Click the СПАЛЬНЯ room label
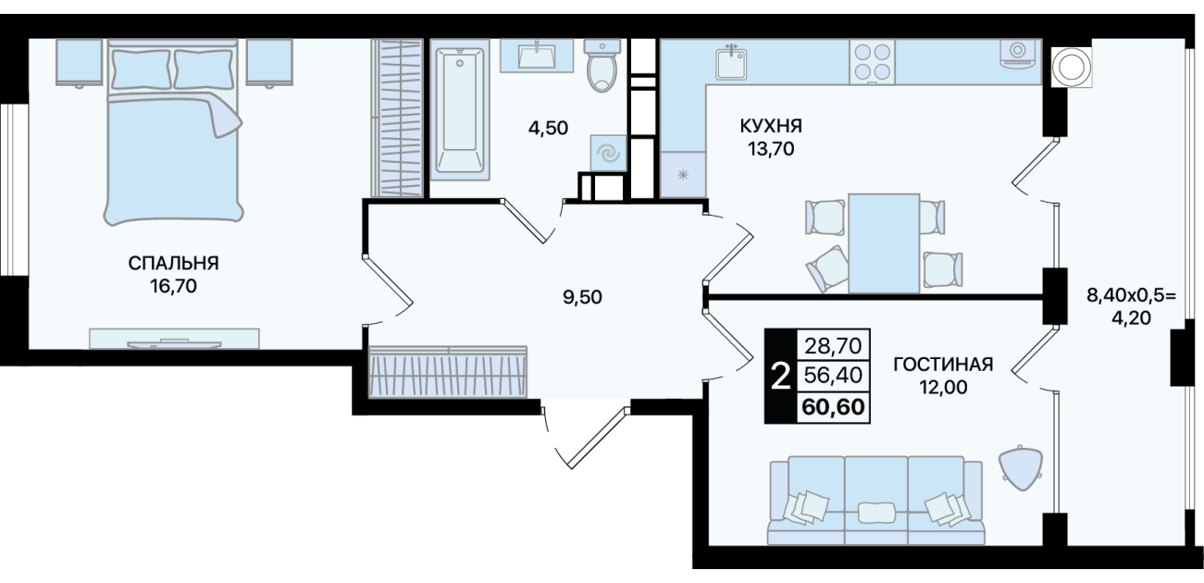(x=173, y=264)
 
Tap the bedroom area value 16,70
(x=173, y=286)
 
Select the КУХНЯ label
(x=771, y=126)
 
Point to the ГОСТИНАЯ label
(x=943, y=365)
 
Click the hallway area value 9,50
(x=582, y=297)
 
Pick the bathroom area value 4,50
(x=548, y=128)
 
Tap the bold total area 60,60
(x=833, y=406)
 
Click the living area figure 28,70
(x=833, y=345)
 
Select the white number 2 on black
(x=780, y=376)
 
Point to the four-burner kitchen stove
(x=872, y=62)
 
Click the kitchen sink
(x=731, y=62)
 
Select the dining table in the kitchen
(x=884, y=243)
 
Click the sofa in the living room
(x=876, y=501)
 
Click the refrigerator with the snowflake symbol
(x=683, y=175)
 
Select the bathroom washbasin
(x=538, y=56)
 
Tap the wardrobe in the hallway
(x=448, y=372)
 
